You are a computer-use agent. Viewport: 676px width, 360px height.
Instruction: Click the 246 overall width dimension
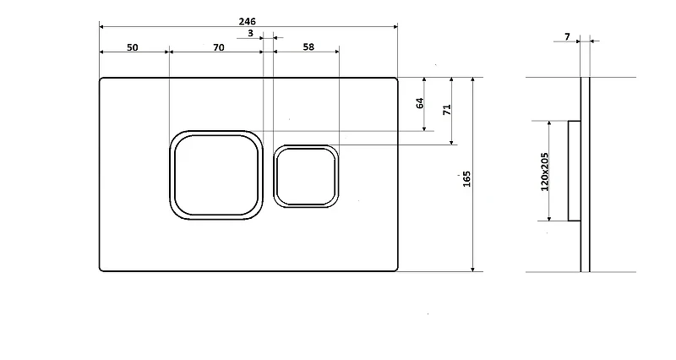[x=247, y=21]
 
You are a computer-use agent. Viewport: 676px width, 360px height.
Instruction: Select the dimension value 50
[x=133, y=47]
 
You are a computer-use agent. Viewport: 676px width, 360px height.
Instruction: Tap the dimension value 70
[x=219, y=47]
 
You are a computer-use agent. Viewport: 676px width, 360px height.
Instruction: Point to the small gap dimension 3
[x=250, y=33]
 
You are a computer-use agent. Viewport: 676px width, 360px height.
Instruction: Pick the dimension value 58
[x=308, y=47]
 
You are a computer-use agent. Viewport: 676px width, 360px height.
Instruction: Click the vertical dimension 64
[x=420, y=103]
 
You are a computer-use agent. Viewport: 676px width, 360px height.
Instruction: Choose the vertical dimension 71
[x=447, y=110]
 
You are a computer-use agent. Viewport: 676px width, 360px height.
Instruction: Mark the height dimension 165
[x=466, y=179]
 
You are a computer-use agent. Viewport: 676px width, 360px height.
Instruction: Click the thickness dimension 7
[x=567, y=36]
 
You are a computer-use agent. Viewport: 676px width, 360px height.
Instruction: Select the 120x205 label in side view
[x=544, y=172]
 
